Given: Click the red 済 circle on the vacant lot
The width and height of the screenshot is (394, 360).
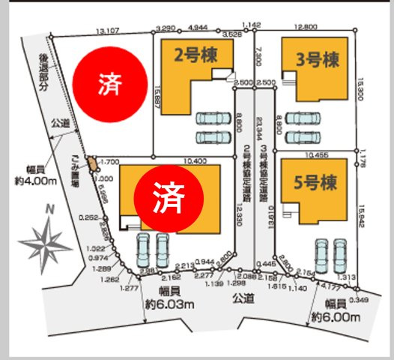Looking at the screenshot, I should click(x=107, y=84).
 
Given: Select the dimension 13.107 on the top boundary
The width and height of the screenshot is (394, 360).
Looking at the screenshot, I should click(x=109, y=31).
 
